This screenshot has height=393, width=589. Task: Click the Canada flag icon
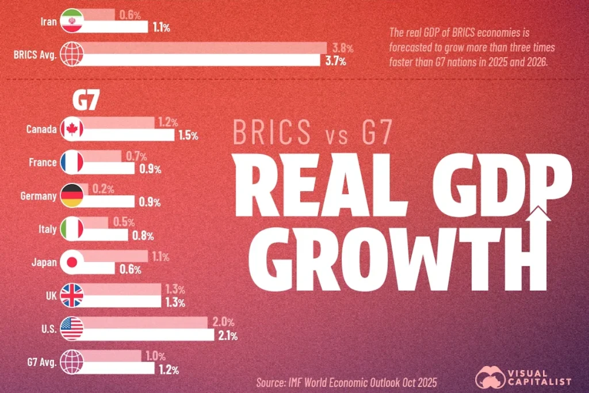[x=72, y=129]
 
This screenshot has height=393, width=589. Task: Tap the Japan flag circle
[x=72, y=262]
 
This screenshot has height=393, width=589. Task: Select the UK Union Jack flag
[x=72, y=296]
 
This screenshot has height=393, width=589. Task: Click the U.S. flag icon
[x=72, y=329]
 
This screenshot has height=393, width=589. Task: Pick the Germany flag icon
[x=72, y=196]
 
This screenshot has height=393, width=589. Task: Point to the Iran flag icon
[x=72, y=21]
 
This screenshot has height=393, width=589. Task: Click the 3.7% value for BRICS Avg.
[x=334, y=61]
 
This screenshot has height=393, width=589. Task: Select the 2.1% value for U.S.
[x=226, y=335]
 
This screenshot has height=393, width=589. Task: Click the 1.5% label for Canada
[x=187, y=136]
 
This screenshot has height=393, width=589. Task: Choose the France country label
[x=43, y=163]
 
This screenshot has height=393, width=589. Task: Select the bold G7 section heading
[x=85, y=101]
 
